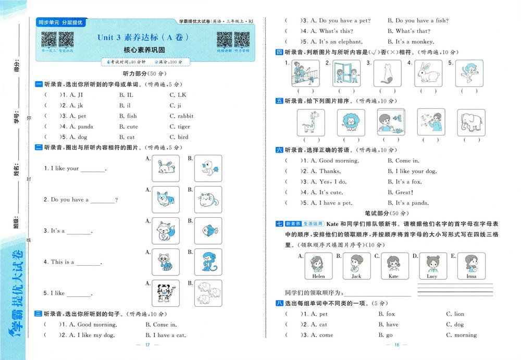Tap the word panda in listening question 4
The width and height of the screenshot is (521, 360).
click(x=85, y=127)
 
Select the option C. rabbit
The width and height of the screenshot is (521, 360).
click(x=181, y=116)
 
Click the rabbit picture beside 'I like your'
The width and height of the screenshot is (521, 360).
click(x=166, y=168)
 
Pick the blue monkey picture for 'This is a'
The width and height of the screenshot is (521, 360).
click(x=208, y=262)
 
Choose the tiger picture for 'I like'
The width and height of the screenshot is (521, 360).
click(x=166, y=293)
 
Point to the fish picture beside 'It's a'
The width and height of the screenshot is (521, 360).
click(x=208, y=231)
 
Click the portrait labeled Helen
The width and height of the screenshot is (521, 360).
click(x=318, y=266)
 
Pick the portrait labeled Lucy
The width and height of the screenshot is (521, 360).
click(x=432, y=266)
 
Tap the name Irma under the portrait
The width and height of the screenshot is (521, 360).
click(x=471, y=277)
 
